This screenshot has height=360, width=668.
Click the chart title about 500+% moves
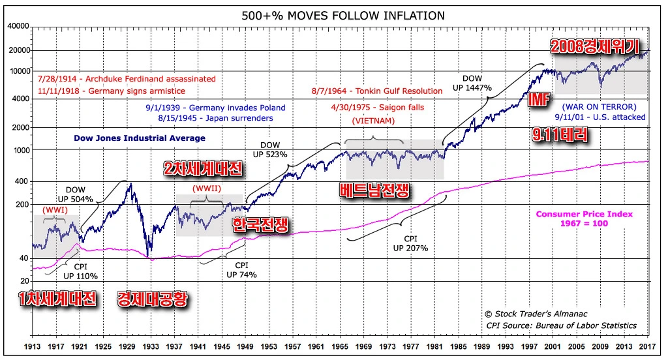[x=333, y=15]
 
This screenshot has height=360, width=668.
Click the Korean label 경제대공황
[x=153, y=299]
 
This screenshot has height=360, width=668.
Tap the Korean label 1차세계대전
[x=57, y=299]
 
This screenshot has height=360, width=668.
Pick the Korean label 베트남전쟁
[x=374, y=190]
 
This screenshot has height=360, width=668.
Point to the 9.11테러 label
[x=560, y=135]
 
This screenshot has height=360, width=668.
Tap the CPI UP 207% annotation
[x=410, y=243]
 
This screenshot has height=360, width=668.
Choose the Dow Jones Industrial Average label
[x=140, y=138]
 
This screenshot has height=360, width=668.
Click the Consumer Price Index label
[x=584, y=219]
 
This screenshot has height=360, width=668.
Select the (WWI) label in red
[x=55, y=210]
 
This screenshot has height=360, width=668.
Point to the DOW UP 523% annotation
[x=274, y=151]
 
